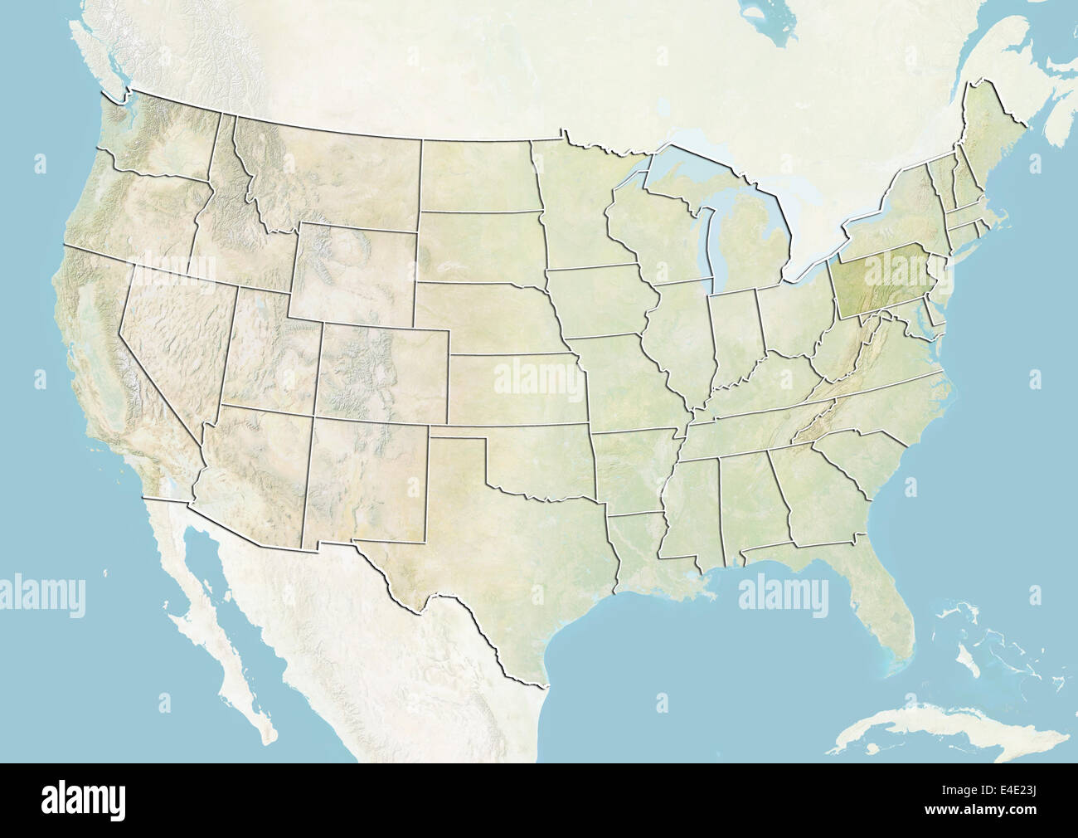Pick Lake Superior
tap(697, 153)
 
